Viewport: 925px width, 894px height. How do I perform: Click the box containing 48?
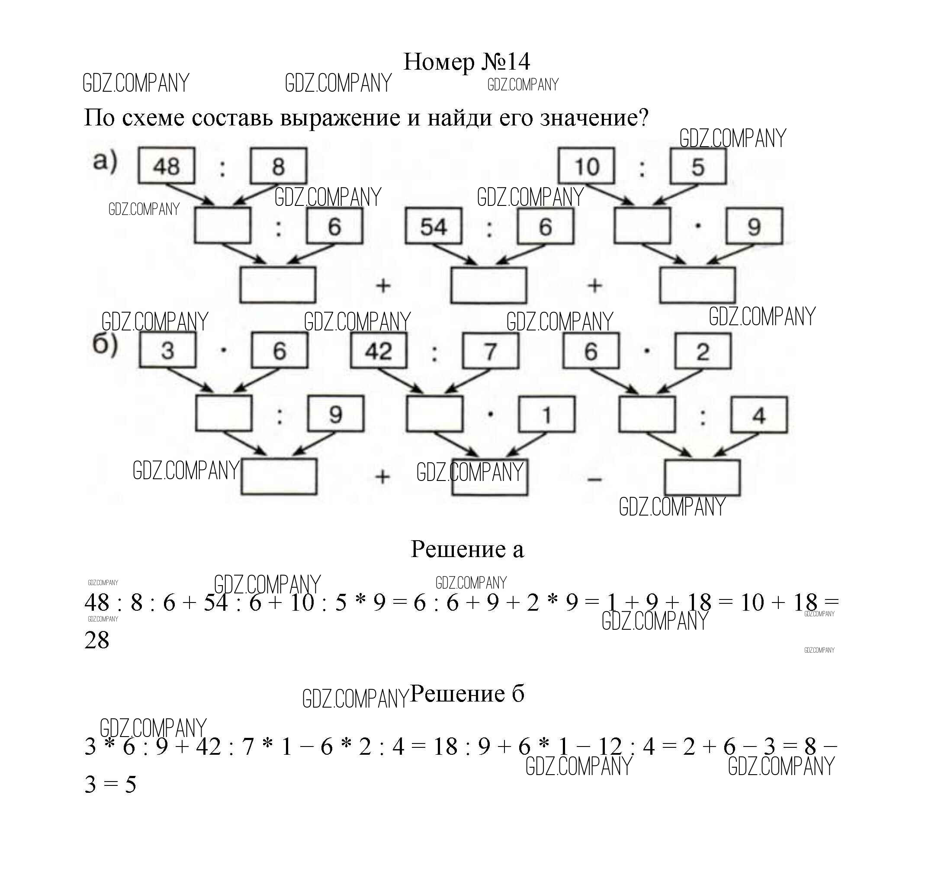[x=166, y=166]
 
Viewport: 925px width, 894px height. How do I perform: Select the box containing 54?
[x=433, y=227]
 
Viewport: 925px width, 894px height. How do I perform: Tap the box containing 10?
[x=587, y=166]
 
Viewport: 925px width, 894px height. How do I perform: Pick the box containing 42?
[x=379, y=350]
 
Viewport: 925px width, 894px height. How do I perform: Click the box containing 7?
[x=490, y=350]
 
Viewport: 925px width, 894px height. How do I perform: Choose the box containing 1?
[x=546, y=415]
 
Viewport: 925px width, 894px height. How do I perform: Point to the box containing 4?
[x=759, y=415]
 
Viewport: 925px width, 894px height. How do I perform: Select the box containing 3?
[x=167, y=350]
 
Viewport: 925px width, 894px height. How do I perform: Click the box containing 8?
[x=279, y=166]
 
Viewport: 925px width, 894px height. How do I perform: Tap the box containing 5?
[x=698, y=166]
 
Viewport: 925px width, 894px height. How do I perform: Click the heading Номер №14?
[x=466, y=62]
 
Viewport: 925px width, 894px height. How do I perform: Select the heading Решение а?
[x=467, y=549]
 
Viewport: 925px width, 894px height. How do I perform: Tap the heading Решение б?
[x=467, y=693]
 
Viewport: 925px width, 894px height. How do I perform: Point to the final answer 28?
[x=97, y=640]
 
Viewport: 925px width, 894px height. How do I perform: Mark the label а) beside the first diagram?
[x=105, y=161]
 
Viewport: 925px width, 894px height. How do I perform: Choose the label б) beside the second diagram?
[x=105, y=345]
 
